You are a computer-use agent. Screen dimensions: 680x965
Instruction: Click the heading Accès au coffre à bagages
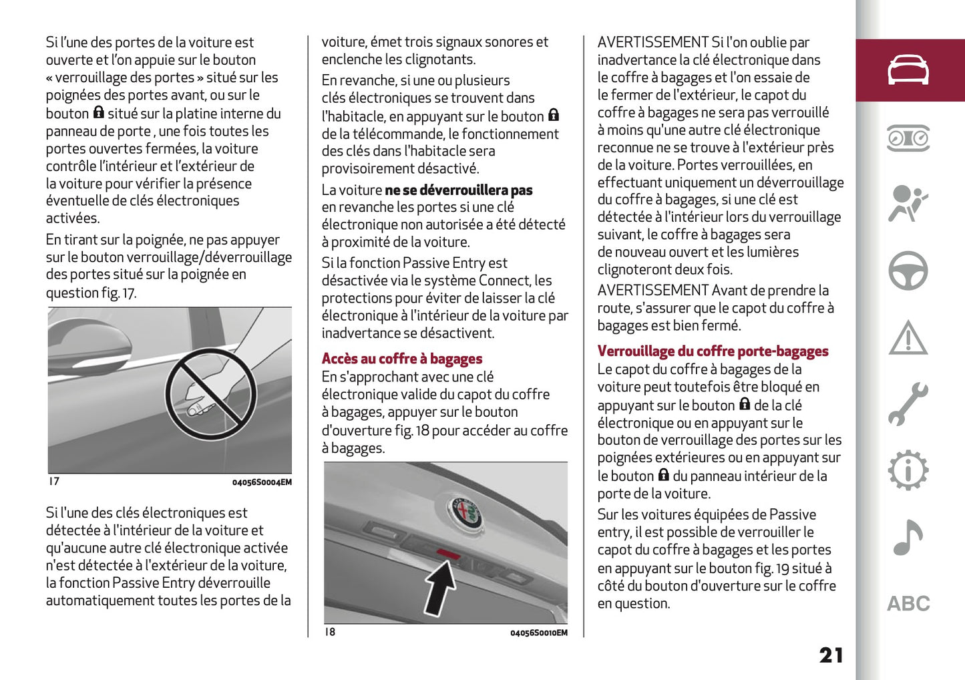coord(401,359)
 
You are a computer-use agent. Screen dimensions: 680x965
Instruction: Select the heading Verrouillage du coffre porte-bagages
coord(713,351)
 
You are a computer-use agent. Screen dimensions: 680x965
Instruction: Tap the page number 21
coord(831,655)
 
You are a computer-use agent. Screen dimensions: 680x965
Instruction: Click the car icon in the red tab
coord(908,70)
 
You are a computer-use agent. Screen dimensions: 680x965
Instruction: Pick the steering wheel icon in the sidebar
coord(908,271)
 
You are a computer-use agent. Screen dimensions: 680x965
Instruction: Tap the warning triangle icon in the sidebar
coord(908,338)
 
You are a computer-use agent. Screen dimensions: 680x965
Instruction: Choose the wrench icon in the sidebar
coord(908,404)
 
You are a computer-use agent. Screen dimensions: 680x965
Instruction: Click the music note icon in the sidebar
coord(908,537)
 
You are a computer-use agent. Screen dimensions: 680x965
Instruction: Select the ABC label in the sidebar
coord(908,604)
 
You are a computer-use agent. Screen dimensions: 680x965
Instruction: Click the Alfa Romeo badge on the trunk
coord(465,513)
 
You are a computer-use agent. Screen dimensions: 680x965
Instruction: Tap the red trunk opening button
coord(449,553)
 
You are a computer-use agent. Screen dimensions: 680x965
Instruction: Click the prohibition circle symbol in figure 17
coord(210,394)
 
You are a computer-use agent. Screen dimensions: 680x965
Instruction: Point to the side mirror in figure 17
coord(90,341)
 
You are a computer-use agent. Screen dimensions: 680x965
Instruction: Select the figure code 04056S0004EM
coord(262,482)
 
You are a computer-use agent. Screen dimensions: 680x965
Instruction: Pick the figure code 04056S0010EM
coord(538,633)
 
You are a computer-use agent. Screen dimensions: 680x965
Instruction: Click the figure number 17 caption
coord(54,481)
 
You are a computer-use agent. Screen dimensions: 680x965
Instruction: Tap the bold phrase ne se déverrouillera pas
coord(458,190)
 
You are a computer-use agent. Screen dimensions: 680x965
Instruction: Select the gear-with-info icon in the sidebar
coord(908,470)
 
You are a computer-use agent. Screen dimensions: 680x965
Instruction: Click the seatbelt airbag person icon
coord(908,204)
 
